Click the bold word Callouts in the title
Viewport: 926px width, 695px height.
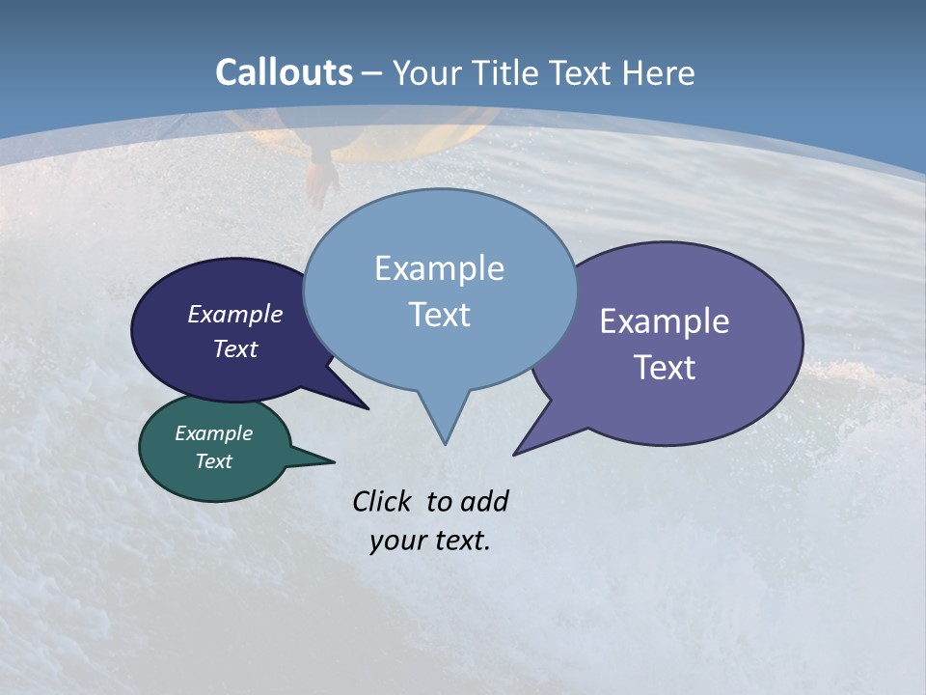tap(284, 72)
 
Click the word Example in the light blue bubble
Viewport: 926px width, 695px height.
tap(439, 268)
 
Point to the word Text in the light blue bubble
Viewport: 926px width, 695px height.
tap(439, 315)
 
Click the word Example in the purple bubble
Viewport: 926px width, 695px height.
tap(665, 321)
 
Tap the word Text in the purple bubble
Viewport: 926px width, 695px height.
tap(665, 368)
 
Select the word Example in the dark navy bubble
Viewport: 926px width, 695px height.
tap(235, 315)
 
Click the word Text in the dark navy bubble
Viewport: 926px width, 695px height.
tap(235, 349)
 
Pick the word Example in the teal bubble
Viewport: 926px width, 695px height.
tap(214, 434)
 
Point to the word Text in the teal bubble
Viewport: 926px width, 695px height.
tap(214, 461)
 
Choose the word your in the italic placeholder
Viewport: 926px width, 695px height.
tap(393, 541)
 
